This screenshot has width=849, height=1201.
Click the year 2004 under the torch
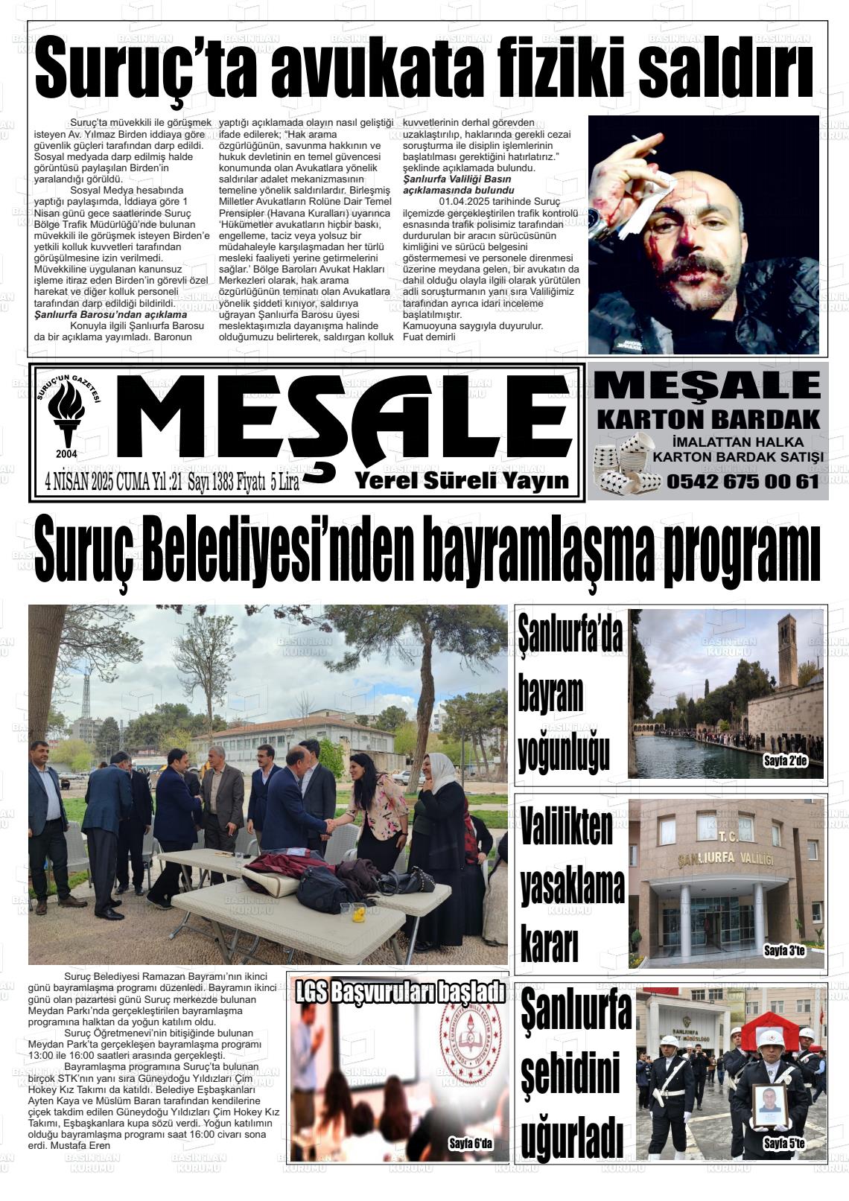[66, 453]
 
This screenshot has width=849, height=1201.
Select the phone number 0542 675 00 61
[743, 482]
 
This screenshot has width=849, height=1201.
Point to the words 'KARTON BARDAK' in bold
[708, 418]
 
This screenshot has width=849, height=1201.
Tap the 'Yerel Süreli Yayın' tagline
[462, 480]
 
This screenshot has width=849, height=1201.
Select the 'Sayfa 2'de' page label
[785, 761]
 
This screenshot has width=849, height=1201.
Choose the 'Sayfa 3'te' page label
[784, 951]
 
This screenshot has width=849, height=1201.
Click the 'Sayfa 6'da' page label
[471, 1144]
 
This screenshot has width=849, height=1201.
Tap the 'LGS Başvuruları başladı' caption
[400, 993]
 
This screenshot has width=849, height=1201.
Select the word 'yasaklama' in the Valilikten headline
[572, 887]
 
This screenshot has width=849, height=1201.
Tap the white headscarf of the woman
[441, 769]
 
